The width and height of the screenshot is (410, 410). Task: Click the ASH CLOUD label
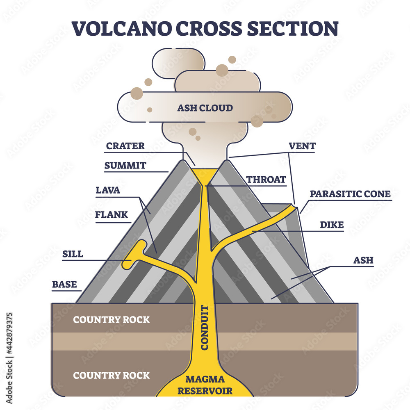click(x=205, y=108)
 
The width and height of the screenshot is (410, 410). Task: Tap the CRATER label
click(x=125, y=146)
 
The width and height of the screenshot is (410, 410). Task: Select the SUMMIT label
click(x=125, y=166)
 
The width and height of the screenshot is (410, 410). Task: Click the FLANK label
click(x=112, y=214)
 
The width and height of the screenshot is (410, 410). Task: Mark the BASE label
click(x=64, y=284)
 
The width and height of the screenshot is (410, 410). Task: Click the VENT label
click(x=302, y=146)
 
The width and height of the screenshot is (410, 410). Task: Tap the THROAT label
click(x=266, y=180)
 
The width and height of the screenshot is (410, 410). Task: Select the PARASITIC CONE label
click(x=350, y=194)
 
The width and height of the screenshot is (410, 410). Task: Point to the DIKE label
click(x=332, y=225)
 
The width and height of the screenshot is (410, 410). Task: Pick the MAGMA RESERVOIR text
click(x=205, y=386)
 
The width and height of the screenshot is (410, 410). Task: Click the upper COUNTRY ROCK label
click(x=112, y=320)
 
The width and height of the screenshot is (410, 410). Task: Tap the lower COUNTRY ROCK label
click(x=112, y=375)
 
